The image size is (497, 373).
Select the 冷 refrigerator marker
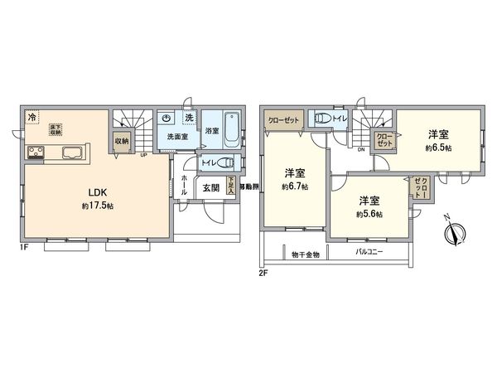coord(31,117)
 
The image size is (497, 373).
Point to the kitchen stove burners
coord(37,152)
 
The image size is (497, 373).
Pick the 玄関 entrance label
coord(210,188)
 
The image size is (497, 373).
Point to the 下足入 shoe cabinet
coord(231,187)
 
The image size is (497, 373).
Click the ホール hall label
coord(183,186)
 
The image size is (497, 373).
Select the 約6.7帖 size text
coord(294,187)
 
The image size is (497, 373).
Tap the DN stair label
coord(362,150)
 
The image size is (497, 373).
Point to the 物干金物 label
coord(306,254)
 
